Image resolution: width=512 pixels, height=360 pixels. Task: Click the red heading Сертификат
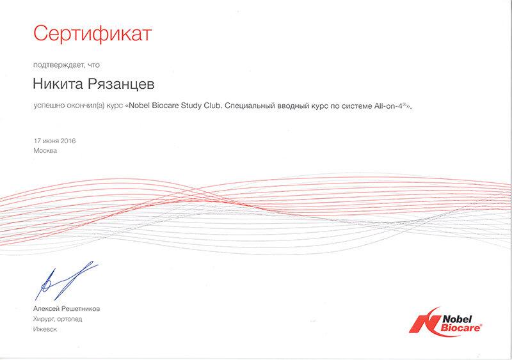tap(92, 34)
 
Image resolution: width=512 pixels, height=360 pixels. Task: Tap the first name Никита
tap(58, 84)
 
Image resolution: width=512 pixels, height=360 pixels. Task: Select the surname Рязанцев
tap(121, 84)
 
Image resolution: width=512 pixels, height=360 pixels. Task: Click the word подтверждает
tap(58, 65)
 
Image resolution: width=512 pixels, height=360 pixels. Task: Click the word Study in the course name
tap(191, 106)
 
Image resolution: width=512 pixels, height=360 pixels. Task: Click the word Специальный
tap(250, 106)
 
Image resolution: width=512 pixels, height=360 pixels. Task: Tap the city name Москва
tap(45, 151)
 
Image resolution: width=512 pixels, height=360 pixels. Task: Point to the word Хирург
tap(43, 319)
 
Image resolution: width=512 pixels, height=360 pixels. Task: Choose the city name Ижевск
tap(45, 329)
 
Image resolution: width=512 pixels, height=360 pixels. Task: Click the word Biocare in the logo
tap(460, 327)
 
